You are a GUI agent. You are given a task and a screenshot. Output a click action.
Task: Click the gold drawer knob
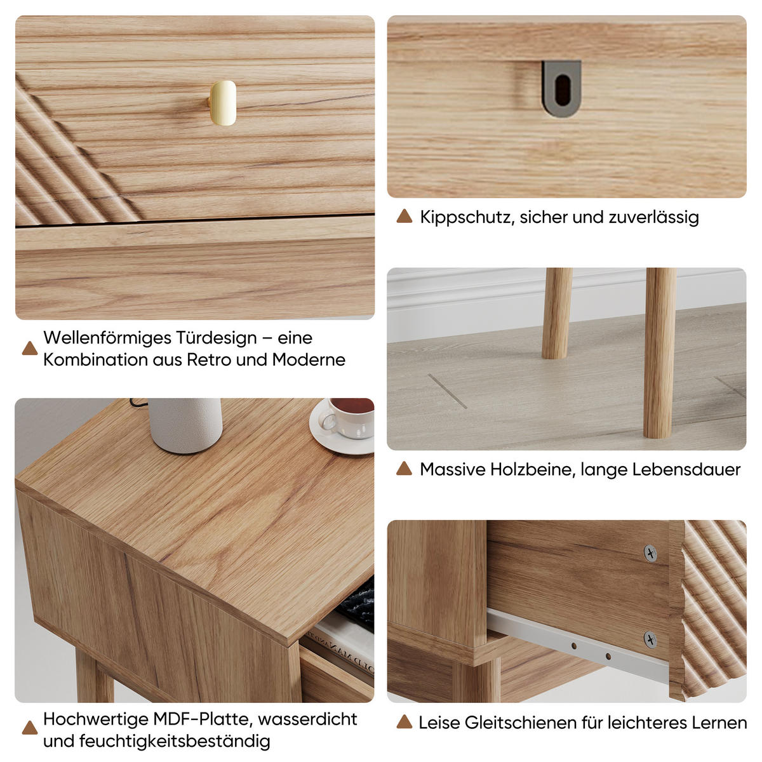[x=223, y=103]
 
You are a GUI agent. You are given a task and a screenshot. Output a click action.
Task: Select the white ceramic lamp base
[x=185, y=424]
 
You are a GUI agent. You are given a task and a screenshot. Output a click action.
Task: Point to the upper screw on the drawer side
[x=650, y=553]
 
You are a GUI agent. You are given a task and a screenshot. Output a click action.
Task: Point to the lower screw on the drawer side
[x=650, y=639]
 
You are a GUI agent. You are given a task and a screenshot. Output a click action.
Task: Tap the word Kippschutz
[x=467, y=217]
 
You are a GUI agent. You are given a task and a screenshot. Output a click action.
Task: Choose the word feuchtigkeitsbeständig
[x=175, y=741]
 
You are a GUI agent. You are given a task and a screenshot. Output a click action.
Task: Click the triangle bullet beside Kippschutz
[x=404, y=217]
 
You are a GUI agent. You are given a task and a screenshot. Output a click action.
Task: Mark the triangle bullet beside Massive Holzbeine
[x=404, y=469]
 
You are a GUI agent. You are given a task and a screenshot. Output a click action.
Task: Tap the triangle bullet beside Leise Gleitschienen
[x=404, y=723]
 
